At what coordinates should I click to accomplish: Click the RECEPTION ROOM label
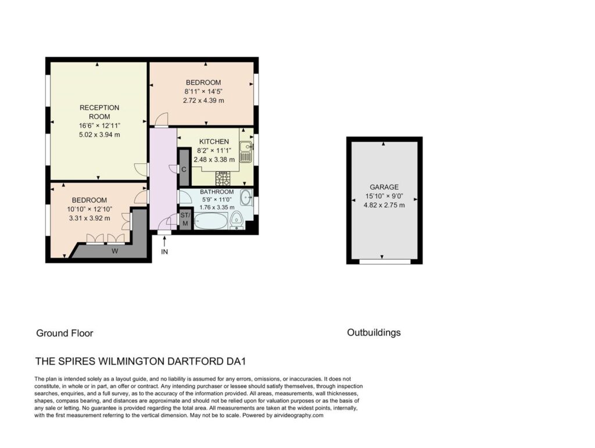pyautogui.click(x=99, y=112)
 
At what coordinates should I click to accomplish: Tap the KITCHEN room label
pyautogui.click(x=214, y=142)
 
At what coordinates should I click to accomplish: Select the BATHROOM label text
pyautogui.click(x=217, y=192)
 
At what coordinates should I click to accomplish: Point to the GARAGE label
pyautogui.click(x=384, y=187)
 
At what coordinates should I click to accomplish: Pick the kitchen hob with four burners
pyautogui.click(x=223, y=178)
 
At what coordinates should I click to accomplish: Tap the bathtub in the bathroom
pyautogui.click(x=210, y=221)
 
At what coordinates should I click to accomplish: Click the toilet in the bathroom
pyautogui.click(x=236, y=221)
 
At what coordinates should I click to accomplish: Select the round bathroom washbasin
pyautogui.click(x=246, y=197)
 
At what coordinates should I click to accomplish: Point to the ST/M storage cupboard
pyautogui.click(x=185, y=220)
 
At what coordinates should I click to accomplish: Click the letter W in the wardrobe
pyautogui.click(x=114, y=251)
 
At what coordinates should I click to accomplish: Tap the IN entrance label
pyautogui.click(x=164, y=252)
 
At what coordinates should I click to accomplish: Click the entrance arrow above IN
pyautogui.click(x=164, y=241)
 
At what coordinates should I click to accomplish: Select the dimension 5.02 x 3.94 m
pyautogui.click(x=99, y=135)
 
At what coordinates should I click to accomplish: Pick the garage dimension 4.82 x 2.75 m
pyautogui.click(x=384, y=205)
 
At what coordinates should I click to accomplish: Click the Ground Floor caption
pyautogui.click(x=64, y=333)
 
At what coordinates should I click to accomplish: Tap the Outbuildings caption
pyautogui.click(x=374, y=333)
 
